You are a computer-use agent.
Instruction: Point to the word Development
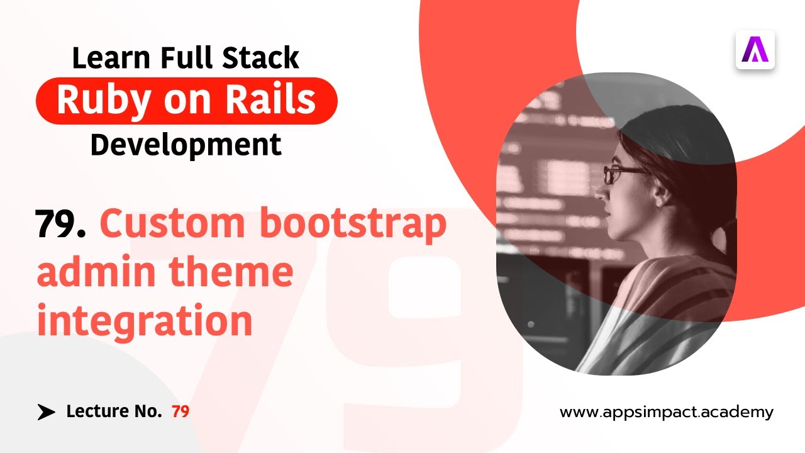186,145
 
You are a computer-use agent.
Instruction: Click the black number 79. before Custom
61,224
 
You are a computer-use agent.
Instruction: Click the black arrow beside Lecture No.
46,412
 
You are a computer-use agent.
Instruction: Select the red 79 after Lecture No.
180,412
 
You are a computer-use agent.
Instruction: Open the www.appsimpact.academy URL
666,413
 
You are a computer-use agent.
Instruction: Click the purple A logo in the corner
755,50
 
